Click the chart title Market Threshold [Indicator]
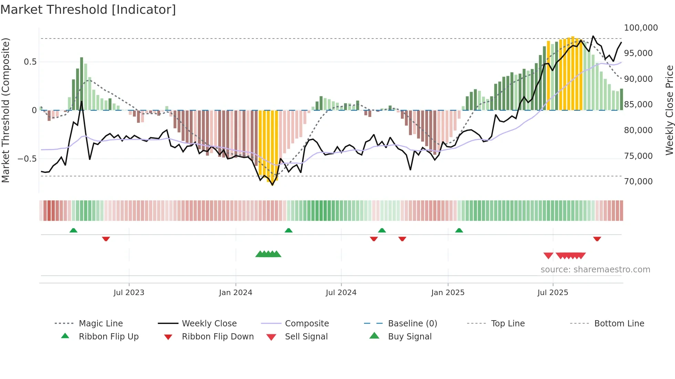[x=88, y=10]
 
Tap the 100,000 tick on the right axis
[x=641, y=28]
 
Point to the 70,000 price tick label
[x=638, y=182]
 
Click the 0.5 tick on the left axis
[x=30, y=62]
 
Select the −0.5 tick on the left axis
[x=27, y=159]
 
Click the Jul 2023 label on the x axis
[x=129, y=293]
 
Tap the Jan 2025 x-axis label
[x=448, y=293]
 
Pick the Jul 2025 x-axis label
[x=553, y=293]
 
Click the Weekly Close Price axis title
[x=669, y=110]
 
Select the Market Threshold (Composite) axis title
[x=6, y=110]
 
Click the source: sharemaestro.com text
[x=595, y=270]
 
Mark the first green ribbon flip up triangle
[x=73, y=230]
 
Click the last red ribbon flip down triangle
[x=597, y=239]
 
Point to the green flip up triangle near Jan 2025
[x=459, y=230]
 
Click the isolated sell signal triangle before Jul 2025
[x=548, y=256]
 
